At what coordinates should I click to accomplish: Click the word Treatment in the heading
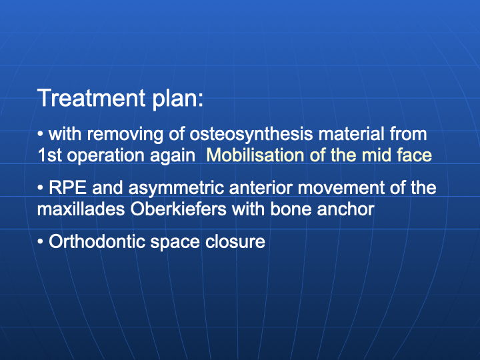[x=91, y=98]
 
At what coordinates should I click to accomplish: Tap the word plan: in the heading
[x=178, y=100]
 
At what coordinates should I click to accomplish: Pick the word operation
[x=105, y=157]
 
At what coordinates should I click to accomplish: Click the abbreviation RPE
[x=67, y=187]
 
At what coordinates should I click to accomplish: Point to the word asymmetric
[x=176, y=189]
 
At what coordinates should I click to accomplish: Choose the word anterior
[x=261, y=187]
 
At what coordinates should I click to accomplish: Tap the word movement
[x=341, y=187]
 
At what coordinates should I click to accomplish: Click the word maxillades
[x=81, y=209]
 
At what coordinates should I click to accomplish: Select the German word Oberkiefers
[x=179, y=209]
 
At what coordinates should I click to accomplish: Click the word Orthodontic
[x=97, y=241]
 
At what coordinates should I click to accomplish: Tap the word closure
[x=235, y=241]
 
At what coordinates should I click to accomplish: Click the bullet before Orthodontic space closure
[x=41, y=242]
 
